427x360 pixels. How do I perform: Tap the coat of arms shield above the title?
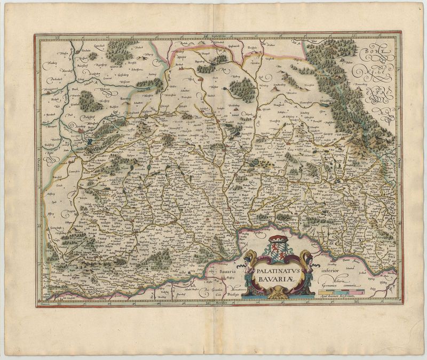tap(278, 250)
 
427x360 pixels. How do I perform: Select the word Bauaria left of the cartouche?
tap(229, 271)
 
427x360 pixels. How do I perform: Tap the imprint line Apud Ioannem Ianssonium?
tap(342, 301)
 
